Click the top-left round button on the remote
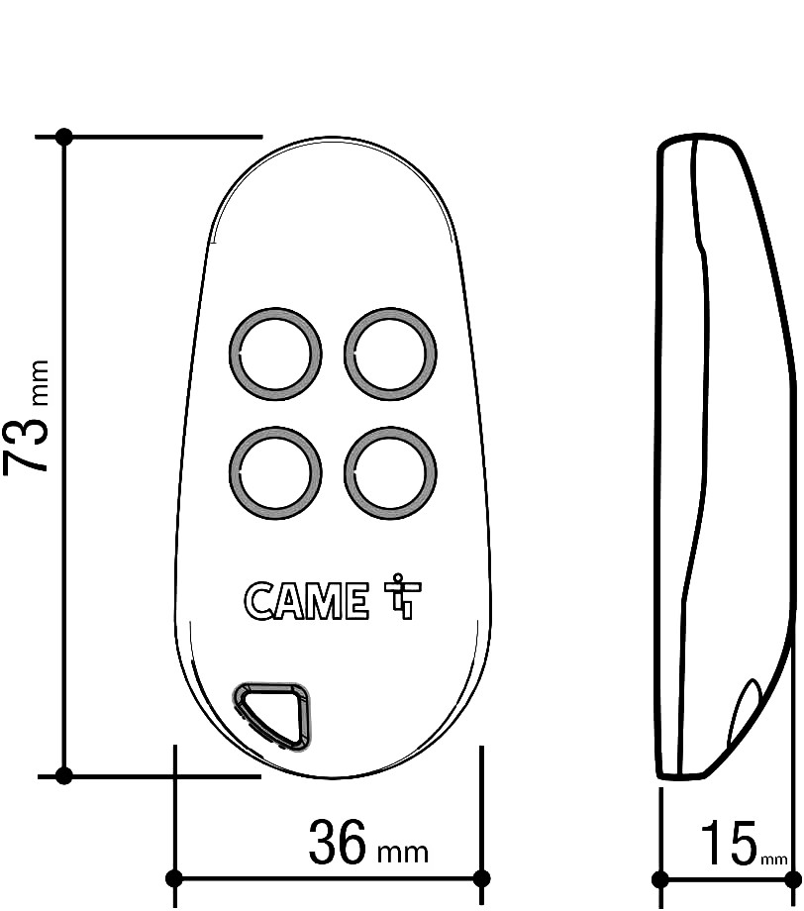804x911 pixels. click(275, 354)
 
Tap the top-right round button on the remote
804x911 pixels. click(390, 354)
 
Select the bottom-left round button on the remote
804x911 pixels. click(275, 472)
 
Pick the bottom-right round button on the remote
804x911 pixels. click(390, 472)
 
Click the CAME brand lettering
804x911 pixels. click(305, 600)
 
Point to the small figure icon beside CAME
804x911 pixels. click(398, 597)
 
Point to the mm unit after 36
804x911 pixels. click(403, 851)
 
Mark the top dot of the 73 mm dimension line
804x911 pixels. click(64, 136)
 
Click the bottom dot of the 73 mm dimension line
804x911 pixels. click(64, 775)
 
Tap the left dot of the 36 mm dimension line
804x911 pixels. click(174, 878)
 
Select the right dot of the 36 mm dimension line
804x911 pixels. click(482, 878)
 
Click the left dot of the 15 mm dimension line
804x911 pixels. click(660, 878)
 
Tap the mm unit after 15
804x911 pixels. click(773, 859)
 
